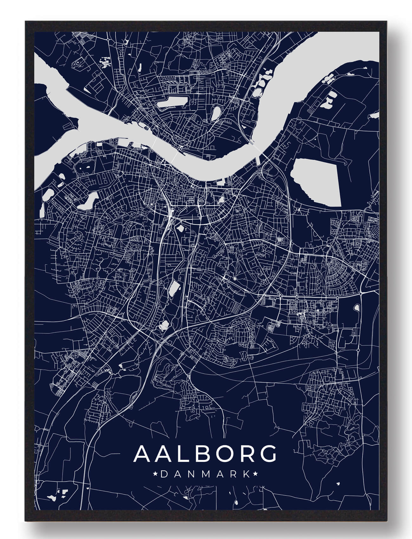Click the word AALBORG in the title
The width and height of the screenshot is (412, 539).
click(205, 454)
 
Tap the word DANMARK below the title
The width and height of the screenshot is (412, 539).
click(205, 474)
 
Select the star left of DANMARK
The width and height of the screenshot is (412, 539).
click(156, 474)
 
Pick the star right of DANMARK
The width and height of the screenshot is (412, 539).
click(255, 474)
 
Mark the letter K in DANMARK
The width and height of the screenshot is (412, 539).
click(246, 474)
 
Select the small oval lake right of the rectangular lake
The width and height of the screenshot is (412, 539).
click(216, 113)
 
